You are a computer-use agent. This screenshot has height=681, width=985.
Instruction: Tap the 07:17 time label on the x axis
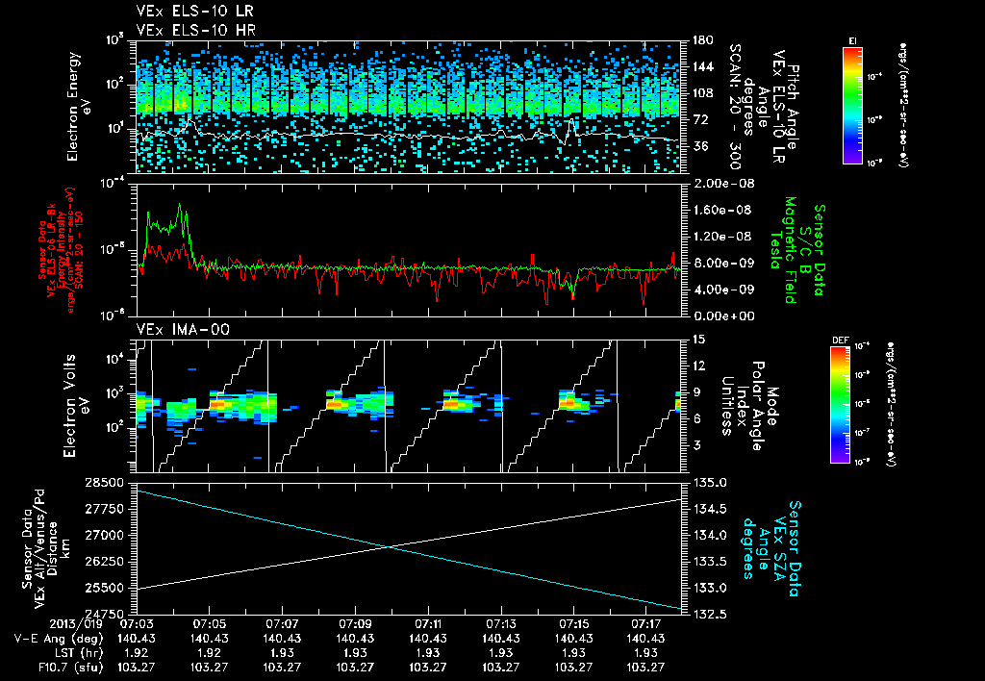point(645,624)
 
